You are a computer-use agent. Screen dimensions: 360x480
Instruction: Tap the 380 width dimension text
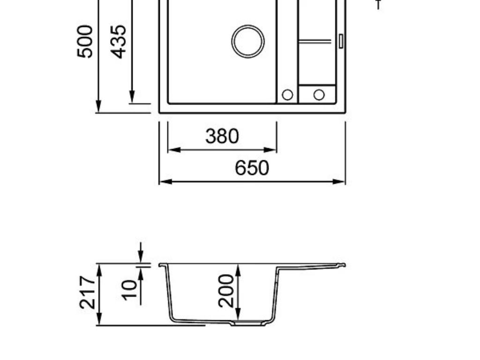coord(222,136)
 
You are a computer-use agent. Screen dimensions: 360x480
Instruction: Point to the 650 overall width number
coord(252,168)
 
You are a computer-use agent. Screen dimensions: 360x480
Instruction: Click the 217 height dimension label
coord(87,292)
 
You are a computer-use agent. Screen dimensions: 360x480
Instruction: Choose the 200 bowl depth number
coord(226,290)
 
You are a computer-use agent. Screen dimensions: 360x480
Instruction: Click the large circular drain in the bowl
coord(248,41)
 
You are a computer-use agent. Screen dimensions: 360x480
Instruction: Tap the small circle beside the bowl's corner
coord(287,95)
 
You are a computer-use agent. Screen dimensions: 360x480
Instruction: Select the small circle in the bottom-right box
coord(319,95)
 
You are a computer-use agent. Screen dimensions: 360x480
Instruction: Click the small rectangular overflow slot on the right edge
coord(341,40)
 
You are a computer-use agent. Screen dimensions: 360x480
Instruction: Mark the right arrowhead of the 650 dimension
coord(342,181)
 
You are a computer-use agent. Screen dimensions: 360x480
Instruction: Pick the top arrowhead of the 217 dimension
coord(99,268)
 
